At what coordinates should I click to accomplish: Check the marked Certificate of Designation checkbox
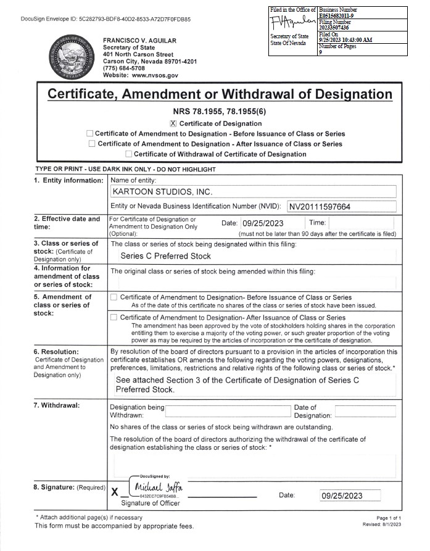coord(173,123)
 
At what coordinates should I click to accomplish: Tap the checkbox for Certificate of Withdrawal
coord(128,154)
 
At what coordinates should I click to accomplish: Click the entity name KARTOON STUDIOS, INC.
coord(162,192)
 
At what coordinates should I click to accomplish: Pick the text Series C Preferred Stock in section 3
coord(165,256)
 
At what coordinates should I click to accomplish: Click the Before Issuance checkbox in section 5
coord(114,297)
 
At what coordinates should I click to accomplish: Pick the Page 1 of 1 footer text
coord(388,518)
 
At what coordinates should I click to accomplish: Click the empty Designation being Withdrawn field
coord(228,411)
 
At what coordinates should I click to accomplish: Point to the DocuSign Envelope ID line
coord(105,19)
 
